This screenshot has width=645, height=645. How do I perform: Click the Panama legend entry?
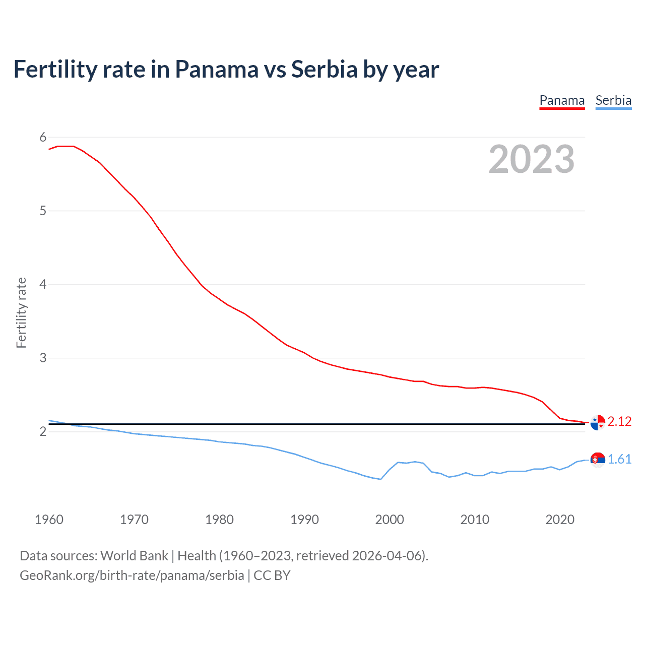(562, 101)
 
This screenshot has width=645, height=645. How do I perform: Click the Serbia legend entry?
(613, 101)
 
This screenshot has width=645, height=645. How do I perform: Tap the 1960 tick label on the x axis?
(49, 520)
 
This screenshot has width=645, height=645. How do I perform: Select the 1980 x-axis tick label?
(219, 520)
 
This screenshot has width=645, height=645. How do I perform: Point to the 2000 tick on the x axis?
(390, 520)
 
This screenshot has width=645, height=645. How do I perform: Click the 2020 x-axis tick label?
(560, 520)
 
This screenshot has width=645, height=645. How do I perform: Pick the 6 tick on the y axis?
(43, 138)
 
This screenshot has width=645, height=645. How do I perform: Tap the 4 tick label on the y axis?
(43, 285)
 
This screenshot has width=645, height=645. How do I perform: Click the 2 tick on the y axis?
(43, 432)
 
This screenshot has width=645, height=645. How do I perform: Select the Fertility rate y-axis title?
(21, 312)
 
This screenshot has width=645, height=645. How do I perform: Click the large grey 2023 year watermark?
(532, 160)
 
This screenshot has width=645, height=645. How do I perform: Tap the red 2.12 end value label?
(619, 422)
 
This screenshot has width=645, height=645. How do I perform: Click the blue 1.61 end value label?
(619, 460)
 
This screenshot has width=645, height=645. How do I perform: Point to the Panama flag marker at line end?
(598, 423)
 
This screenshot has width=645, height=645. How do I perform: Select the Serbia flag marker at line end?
(598, 460)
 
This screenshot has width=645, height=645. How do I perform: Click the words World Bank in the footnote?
(134, 556)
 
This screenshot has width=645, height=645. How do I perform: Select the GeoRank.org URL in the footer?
(132, 575)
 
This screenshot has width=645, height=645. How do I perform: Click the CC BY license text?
(272, 575)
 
